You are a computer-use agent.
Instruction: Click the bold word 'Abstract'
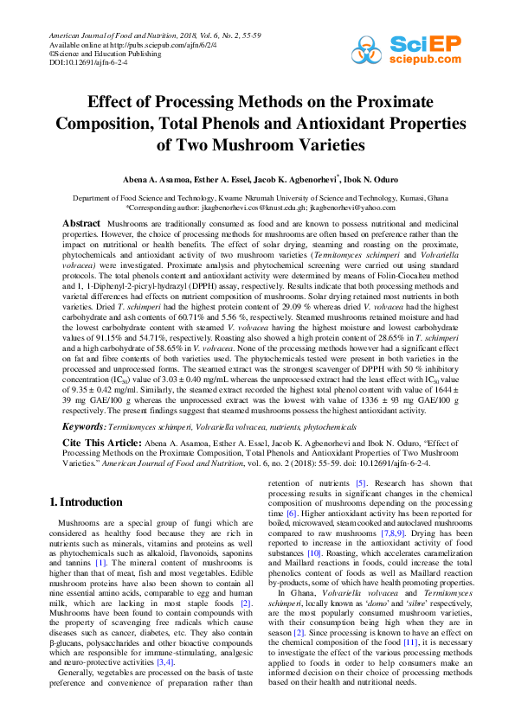81,224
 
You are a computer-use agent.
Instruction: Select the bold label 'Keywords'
83,426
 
